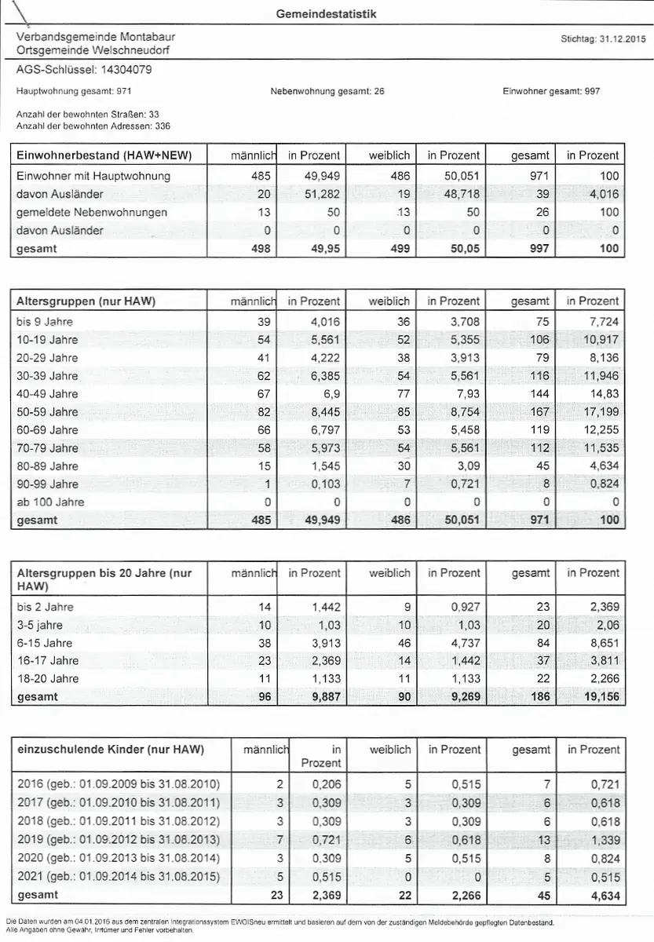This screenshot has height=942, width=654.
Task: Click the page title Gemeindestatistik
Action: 326,14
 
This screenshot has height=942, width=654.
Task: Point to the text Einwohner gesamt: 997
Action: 551,91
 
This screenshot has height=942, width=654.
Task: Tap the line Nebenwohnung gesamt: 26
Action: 327,91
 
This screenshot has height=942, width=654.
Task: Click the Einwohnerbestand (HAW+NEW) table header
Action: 104,155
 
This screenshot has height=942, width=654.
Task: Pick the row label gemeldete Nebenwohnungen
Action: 92,212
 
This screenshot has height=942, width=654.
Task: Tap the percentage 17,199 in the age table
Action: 600,411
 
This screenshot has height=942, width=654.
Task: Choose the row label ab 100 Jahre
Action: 50,502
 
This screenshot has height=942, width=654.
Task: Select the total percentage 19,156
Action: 599,696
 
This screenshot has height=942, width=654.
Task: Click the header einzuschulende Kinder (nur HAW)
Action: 110,750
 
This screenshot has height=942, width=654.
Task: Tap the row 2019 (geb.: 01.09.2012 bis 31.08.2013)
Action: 119,840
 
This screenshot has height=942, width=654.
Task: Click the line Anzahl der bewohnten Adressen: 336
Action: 93,126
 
